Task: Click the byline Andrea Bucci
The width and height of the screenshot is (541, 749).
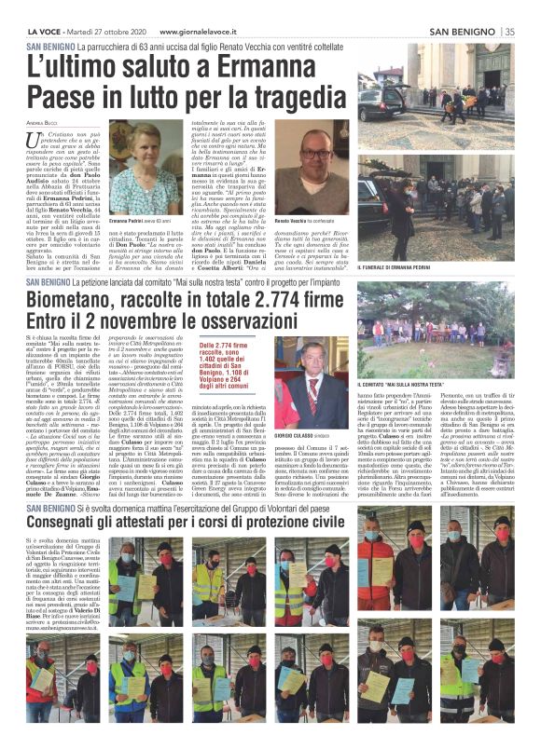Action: point(42,122)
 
